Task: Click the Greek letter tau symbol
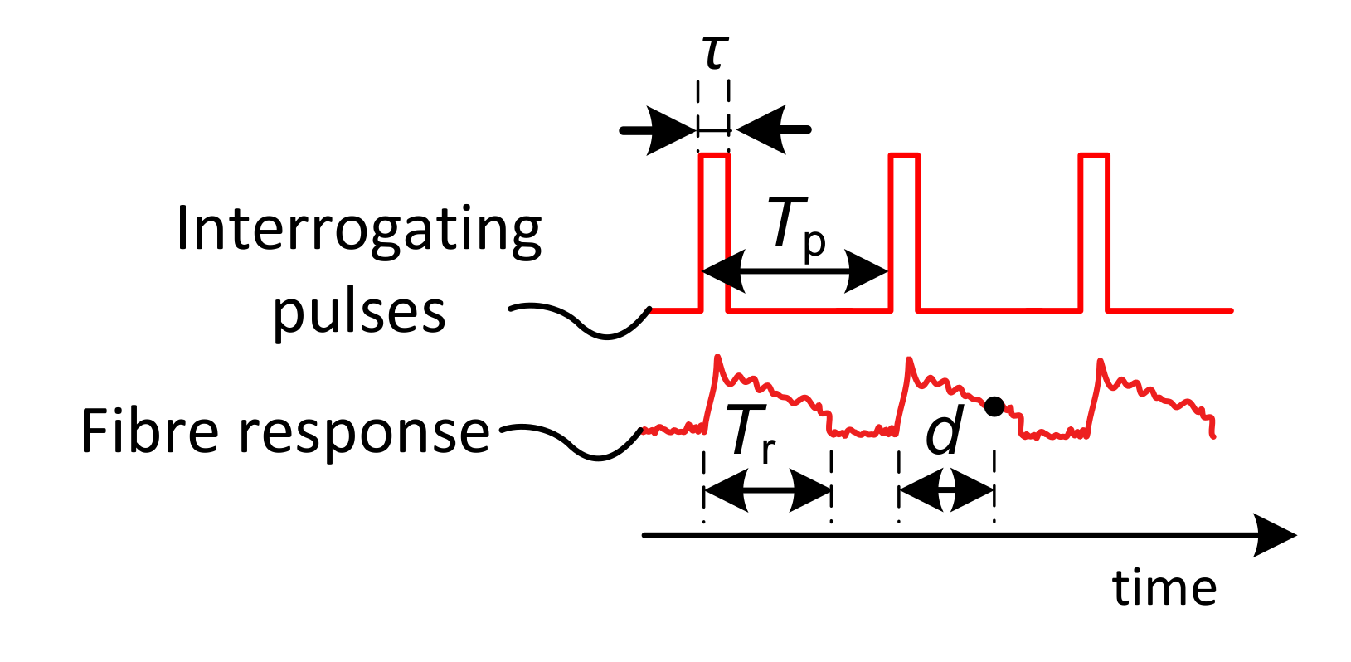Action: click(x=715, y=55)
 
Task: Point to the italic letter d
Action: click(x=945, y=432)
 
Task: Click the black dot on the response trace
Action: click(x=994, y=406)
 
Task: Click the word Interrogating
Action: click(x=359, y=231)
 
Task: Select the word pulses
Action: click(x=359, y=314)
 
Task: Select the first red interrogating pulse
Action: click(x=715, y=232)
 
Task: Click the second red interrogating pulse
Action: click(x=904, y=232)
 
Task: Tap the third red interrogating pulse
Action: click(x=1094, y=232)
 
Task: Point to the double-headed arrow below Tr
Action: click(x=767, y=491)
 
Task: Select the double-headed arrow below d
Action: click(x=946, y=491)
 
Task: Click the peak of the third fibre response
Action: click(x=1101, y=361)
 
